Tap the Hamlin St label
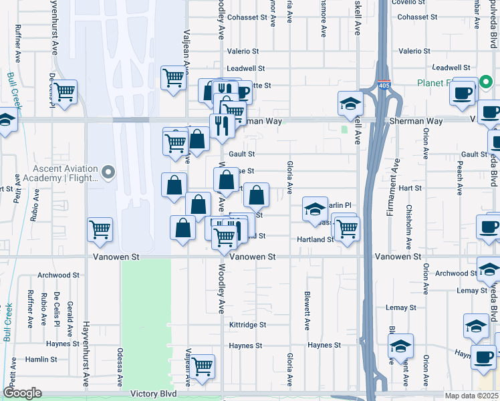click(41, 359)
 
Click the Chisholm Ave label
click(409, 225)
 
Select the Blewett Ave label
click(307, 310)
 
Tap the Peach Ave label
click(460, 178)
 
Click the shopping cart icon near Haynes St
click(202, 366)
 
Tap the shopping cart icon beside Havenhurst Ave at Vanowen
click(100, 230)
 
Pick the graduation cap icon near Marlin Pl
click(315, 209)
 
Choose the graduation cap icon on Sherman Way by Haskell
click(350, 103)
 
